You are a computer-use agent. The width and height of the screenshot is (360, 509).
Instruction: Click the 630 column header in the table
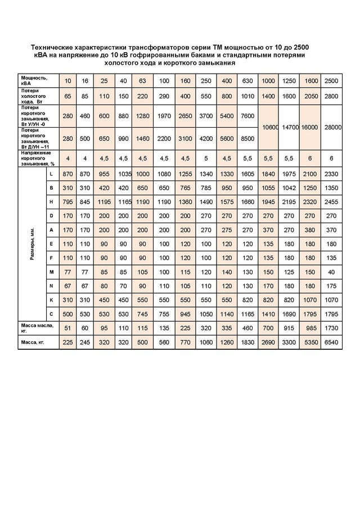(247, 81)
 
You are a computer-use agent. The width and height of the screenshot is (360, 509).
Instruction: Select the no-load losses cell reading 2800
(331, 96)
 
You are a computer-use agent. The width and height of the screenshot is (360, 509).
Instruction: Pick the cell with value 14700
(289, 128)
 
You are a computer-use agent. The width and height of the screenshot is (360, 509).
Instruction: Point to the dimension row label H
(51, 201)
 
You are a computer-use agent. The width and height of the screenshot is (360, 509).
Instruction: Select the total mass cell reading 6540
(331, 341)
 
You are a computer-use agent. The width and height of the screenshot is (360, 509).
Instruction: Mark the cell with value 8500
(247, 138)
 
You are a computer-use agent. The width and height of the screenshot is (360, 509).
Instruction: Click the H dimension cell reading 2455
(331, 201)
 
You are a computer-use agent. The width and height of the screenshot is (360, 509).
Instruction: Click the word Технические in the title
(56, 48)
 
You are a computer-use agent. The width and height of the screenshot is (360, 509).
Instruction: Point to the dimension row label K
(51, 299)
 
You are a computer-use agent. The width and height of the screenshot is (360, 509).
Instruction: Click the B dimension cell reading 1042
(289, 188)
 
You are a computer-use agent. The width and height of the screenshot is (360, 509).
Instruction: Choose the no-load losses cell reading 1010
(247, 96)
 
